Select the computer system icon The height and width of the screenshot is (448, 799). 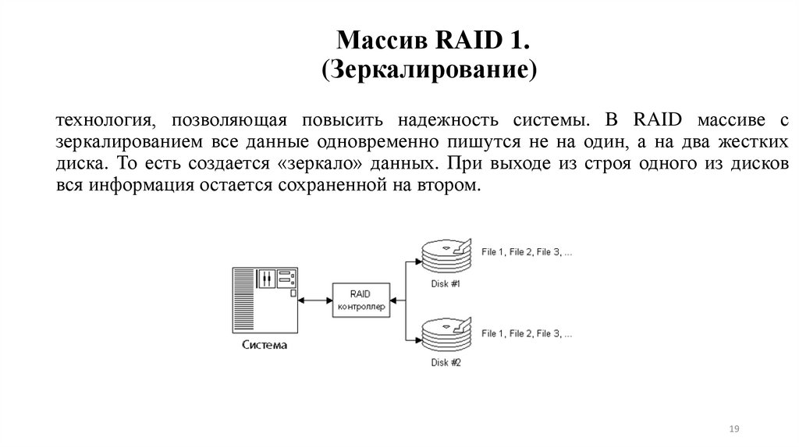pos(265,299)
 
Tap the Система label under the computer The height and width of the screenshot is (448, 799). pos(264,346)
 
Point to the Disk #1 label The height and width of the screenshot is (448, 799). pos(446,283)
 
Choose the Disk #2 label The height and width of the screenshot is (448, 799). pos(446,364)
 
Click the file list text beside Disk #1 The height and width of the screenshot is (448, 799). pos(527,252)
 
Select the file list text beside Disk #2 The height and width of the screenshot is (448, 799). pos(527,334)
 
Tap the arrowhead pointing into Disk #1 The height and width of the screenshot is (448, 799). pos(414,262)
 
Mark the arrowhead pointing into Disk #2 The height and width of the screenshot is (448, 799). pos(414,341)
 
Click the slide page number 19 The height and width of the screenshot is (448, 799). pos(733,430)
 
